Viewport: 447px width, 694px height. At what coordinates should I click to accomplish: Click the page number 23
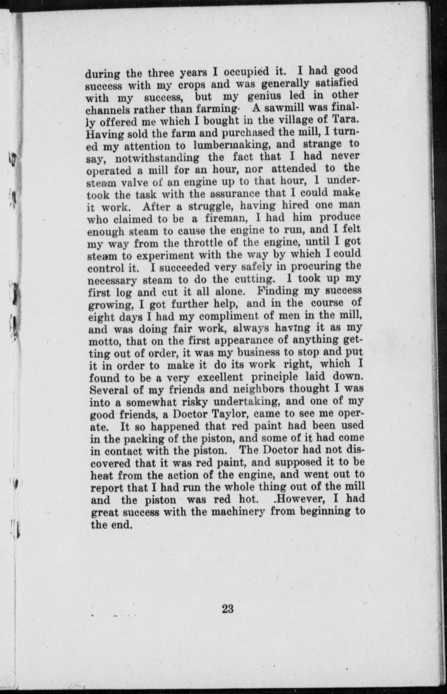click(227, 609)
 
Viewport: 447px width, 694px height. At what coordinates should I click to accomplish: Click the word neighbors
click(260, 389)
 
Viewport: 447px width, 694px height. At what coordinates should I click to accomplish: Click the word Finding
click(278, 291)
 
